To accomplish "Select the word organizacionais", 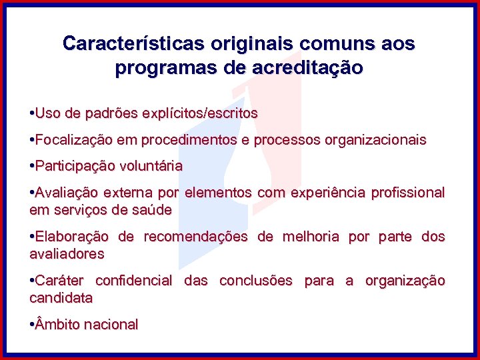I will coord(375,140).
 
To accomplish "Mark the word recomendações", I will coord(195,237).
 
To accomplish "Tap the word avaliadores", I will coord(67,254).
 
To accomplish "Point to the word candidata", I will coord(61,298).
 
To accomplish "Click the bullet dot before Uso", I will coord(32,114).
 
